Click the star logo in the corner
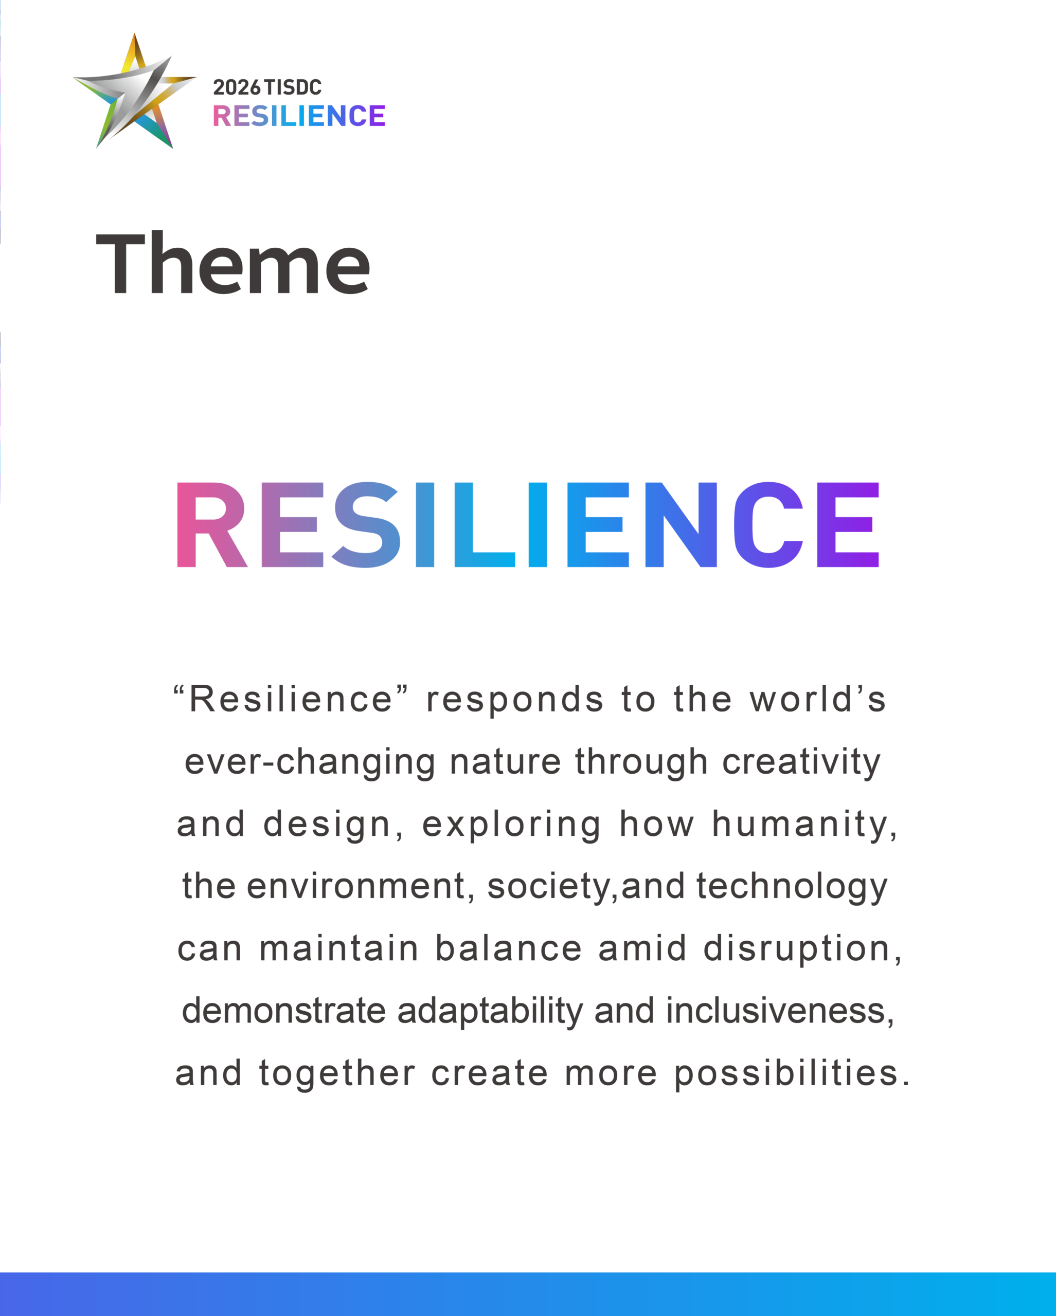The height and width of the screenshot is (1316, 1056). click(x=134, y=92)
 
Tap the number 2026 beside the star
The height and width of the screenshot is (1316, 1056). click(x=237, y=87)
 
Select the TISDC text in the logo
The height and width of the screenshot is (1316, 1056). click(x=293, y=87)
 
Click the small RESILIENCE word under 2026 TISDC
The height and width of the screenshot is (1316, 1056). click(x=299, y=115)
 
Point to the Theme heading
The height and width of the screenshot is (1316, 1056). click(x=234, y=263)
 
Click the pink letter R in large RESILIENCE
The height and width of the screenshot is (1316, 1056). click(x=212, y=524)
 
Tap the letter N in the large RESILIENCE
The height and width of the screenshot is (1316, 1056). click(x=681, y=524)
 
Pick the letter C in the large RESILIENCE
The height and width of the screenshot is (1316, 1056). click(x=768, y=524)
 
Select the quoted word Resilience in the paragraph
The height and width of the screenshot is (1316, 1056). click(x=290, y=699)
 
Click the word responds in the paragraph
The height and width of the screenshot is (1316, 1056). click(x=515, y=700)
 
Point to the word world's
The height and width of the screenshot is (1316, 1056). click(x=818, y=699)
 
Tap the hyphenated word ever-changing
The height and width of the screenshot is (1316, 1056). click(x=310, y=763)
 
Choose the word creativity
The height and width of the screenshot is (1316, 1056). click(x=801, y=763)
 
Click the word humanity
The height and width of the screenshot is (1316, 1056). click(x=805, y=825)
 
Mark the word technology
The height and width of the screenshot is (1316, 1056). click(x=792, y=887)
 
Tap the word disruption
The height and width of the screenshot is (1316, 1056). click(x=802, y=949)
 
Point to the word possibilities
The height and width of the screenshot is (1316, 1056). click(x=792, y=1074)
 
